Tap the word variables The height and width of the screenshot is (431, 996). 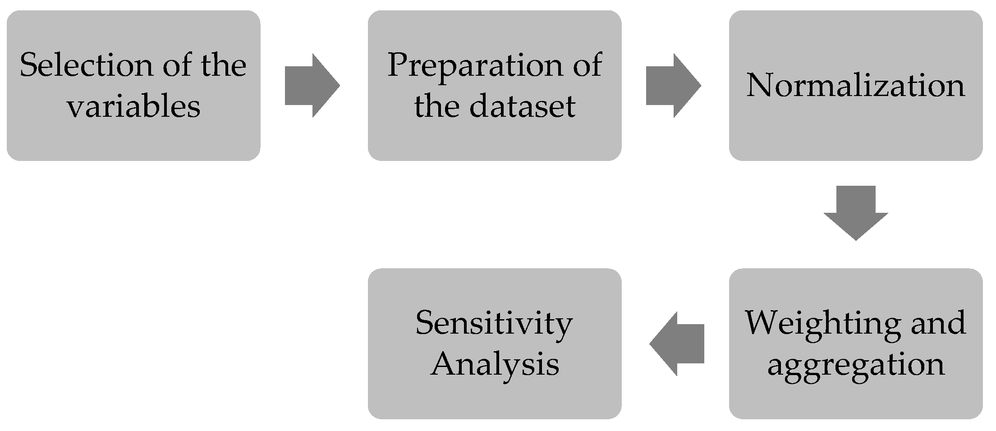pos(133,107)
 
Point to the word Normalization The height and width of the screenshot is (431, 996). pos(855,85)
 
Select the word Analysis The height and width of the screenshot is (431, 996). pos(495,364)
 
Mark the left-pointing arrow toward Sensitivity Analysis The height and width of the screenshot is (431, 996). pos(676,344)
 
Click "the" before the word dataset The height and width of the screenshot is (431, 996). pos(436,107)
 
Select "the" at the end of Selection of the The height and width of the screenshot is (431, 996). pos(224,65)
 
